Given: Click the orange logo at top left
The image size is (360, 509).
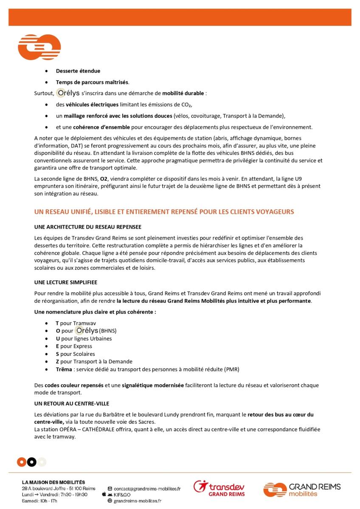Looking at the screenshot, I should (39, 47).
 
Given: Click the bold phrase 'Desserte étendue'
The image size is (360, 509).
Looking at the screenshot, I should (78, 71).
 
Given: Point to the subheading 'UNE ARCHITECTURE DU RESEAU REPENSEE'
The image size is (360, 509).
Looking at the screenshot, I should (87, 227).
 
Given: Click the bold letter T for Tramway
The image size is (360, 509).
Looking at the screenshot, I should (57, 323).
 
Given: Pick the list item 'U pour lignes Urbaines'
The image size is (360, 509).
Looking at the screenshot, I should (84, 338).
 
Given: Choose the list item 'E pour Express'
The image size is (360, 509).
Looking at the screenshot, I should (73, 346).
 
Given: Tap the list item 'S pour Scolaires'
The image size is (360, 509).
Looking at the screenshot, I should (75, 354).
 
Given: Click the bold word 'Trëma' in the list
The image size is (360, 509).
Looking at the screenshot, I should (64, 369).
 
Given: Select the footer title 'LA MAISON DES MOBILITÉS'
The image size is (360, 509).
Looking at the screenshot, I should (53, 482).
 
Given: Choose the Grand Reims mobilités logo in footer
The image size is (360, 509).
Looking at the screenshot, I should (302, 489).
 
